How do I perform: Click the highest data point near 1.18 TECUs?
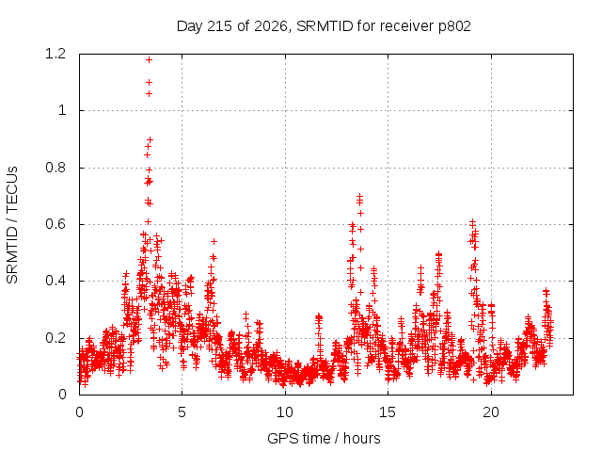tap(149, 59)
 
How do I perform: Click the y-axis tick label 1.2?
tap(55, 54)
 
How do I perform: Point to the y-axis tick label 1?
tap(62, 111)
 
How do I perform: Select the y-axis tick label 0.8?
tap(55, 168)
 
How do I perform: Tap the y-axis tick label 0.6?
tap(55, 224)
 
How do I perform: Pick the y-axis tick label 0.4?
tap(55, 281)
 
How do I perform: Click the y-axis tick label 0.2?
tap(55, 338)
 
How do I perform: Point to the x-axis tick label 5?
tap(182, 412)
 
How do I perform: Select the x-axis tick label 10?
tap(285, 412)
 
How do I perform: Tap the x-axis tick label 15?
tap(388, 412)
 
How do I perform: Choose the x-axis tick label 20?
tap(491, 412)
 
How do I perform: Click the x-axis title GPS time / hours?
tap(324, 439)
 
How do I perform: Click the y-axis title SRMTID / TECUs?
tap(12, 225)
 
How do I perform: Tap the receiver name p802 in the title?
tap(454, 26)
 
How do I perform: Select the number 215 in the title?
tap(220, 26)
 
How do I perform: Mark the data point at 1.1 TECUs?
tap(149, 82)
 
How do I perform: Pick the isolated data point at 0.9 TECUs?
tap(150, 139)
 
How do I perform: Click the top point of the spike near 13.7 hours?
tap(359, 196)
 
